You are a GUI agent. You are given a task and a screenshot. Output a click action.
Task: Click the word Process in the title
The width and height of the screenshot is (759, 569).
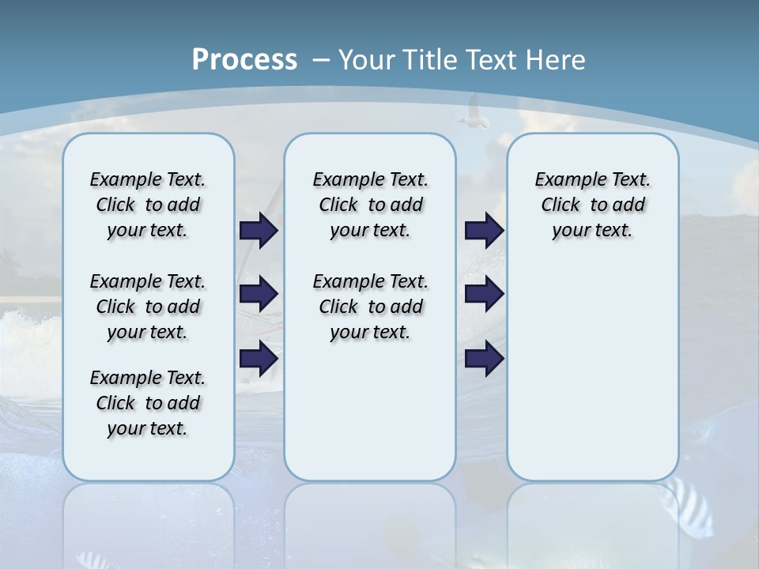pos(244,60)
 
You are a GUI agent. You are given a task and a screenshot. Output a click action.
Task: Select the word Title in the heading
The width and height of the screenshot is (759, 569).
pos(431,60)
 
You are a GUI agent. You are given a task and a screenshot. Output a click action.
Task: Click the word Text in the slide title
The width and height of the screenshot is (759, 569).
pos(490,60)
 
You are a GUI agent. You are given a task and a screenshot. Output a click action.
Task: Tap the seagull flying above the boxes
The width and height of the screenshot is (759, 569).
pos(473,111)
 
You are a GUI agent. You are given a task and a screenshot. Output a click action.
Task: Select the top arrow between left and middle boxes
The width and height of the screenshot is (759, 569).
pos(259,230)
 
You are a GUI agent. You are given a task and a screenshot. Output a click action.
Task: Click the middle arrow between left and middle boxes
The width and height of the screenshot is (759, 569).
pos(259,294)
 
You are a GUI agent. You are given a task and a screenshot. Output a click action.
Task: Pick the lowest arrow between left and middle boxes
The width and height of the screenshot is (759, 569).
pos(259,359)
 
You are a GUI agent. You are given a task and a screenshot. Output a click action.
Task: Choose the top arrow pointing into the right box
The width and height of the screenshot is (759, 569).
pos(484,230)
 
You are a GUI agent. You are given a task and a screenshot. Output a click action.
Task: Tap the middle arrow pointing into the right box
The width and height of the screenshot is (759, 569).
pos(484,294)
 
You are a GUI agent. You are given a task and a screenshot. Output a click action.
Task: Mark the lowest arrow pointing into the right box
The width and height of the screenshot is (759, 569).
pos(484,359)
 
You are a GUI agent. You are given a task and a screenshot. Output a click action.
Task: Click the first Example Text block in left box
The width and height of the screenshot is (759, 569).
pos(148,205)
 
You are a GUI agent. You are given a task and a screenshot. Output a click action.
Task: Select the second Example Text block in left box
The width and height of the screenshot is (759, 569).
pos(148,307)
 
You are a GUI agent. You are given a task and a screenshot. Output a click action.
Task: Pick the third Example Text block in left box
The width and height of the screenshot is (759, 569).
pos(148,403)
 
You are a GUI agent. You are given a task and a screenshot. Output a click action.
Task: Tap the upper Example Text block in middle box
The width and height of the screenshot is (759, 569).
pos(370,205)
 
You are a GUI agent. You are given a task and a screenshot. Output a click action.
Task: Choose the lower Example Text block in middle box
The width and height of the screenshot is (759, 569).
pos(370,307)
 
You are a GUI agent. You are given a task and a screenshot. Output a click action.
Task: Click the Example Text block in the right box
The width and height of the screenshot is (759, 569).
pos(592,205)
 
